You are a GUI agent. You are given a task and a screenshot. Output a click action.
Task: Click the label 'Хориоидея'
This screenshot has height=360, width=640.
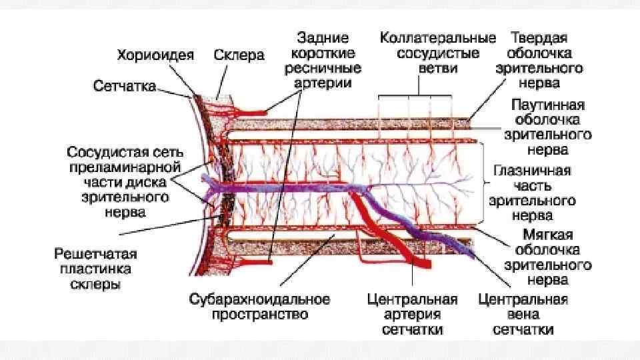pos(156,55)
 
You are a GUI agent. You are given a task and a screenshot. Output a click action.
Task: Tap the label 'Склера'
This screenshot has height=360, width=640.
pos(239,55)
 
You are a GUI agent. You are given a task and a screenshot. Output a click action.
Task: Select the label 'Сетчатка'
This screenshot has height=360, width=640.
pos(125,87)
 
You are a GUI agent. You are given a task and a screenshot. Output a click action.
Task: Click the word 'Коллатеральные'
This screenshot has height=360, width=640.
pos(438,37)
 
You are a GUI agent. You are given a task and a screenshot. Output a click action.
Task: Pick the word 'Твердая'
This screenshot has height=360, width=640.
pos(539,37)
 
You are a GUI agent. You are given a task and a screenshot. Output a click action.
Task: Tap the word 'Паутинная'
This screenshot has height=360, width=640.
pos(548,105)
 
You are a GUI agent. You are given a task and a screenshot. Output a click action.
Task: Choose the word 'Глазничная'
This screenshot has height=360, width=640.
pos(531,170)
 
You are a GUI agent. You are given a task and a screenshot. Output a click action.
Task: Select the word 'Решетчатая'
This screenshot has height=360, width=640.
pos(96,254)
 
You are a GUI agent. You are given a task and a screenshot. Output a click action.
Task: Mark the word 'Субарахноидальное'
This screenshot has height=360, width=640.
pos(261,299)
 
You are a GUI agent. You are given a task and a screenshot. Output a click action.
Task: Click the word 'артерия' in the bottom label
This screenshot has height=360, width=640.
pos(413,314)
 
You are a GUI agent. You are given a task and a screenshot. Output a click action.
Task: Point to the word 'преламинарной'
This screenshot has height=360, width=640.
pos(124,165)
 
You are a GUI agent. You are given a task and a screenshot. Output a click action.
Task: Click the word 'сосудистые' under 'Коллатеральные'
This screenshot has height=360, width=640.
pos(438,53)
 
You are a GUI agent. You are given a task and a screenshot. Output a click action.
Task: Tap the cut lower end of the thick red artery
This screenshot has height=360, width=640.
pos(421,264)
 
